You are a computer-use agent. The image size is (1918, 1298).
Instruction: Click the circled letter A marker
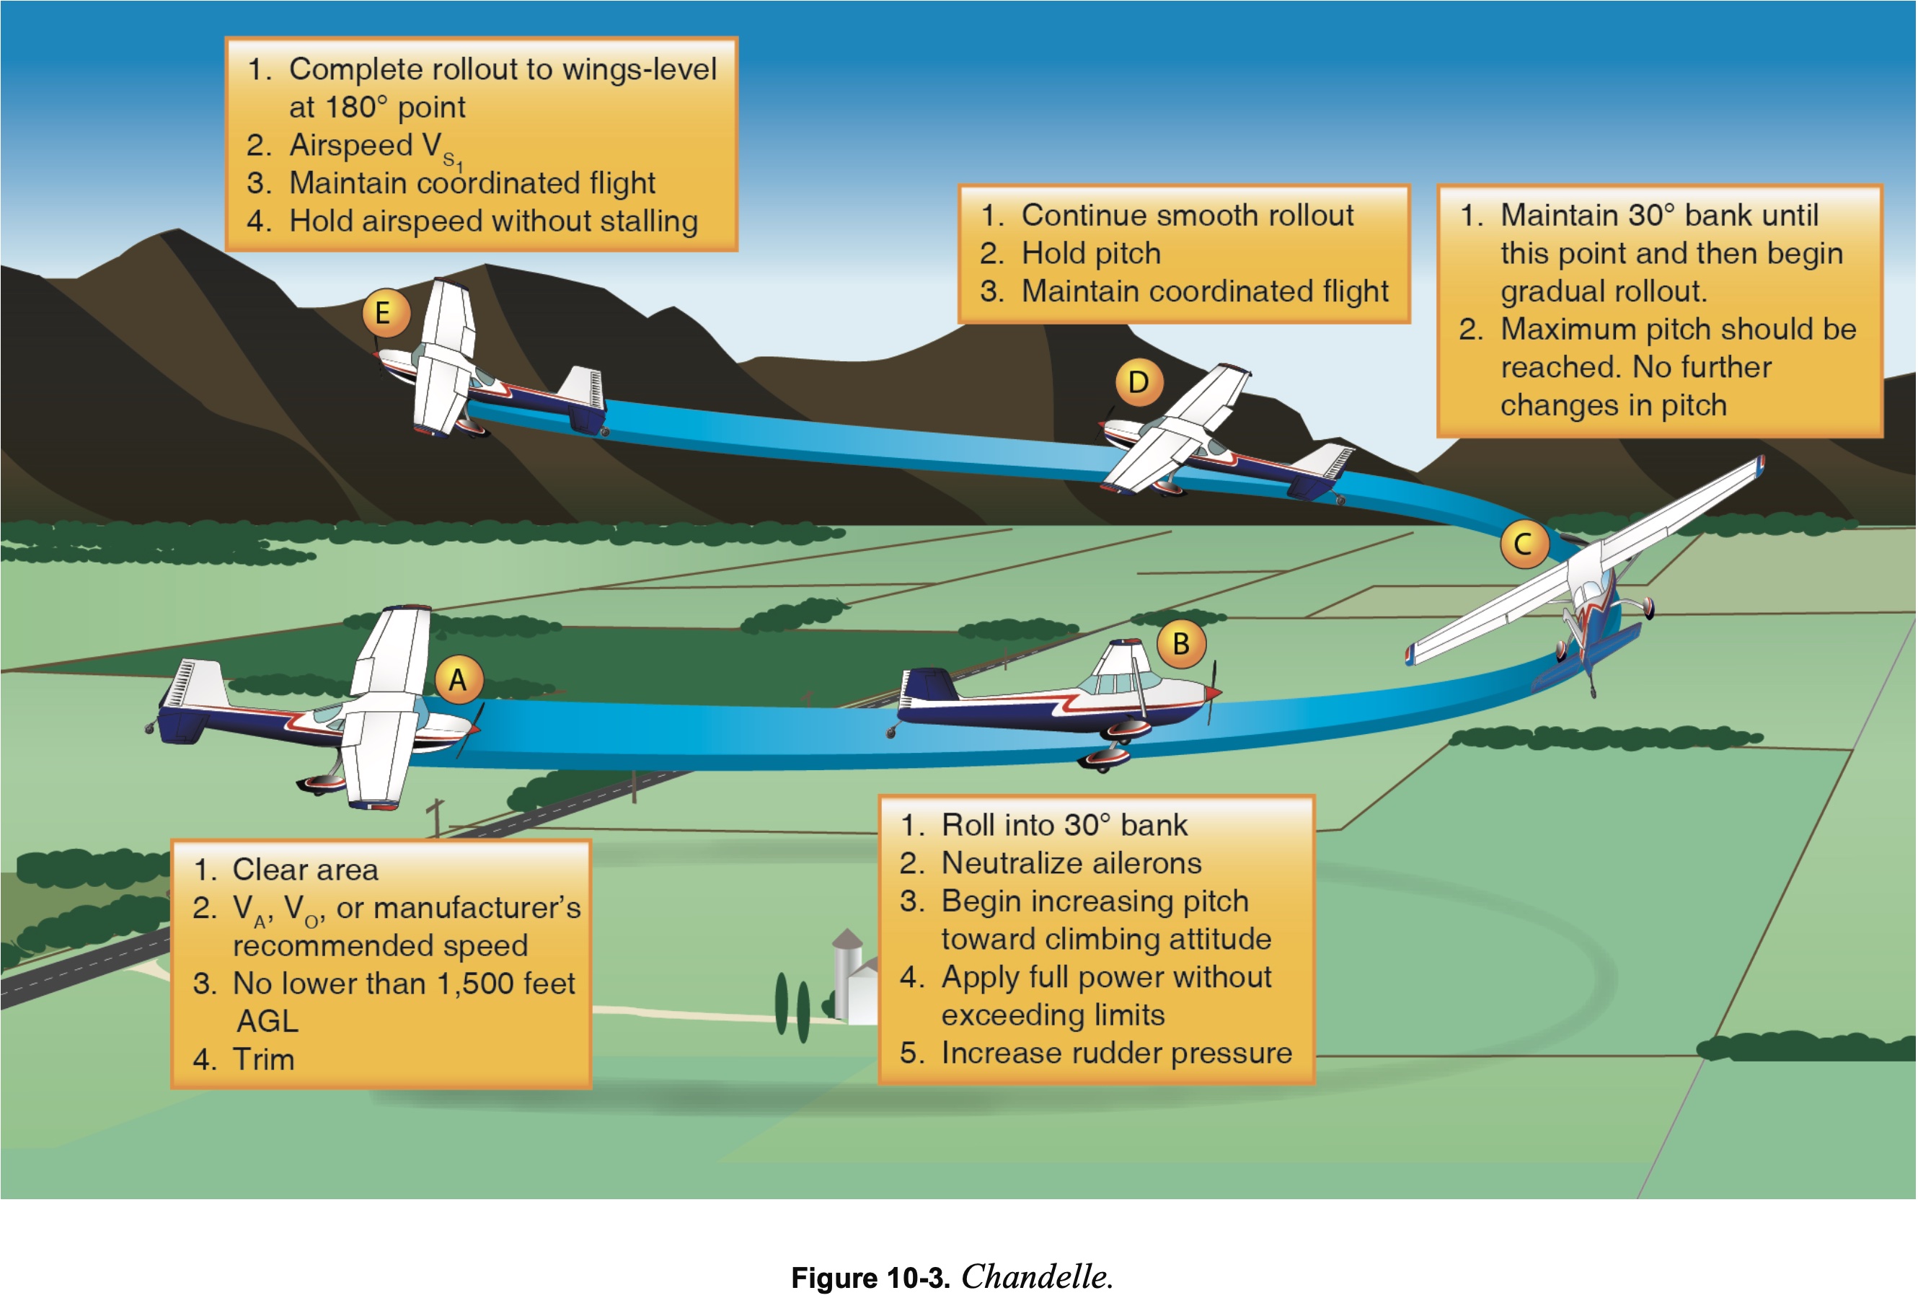(x=458, y=679)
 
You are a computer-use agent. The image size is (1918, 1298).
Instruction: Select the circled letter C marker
(x=1524, y=544)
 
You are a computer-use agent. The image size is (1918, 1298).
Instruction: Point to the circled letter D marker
(x=1139, y=382)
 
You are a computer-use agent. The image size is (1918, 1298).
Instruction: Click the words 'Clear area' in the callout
(x=304, y=869)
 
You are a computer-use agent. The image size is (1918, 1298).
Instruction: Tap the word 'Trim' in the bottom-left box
(x=263, y=1059)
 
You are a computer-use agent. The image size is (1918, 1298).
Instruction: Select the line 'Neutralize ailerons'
(x=1071, y=862)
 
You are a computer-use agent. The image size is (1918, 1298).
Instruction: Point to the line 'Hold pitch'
(x=1090, y=253)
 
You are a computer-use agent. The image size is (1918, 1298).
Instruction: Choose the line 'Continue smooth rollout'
(x=1187, y=216)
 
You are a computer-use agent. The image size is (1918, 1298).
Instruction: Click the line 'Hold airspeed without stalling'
(x=492, y=221)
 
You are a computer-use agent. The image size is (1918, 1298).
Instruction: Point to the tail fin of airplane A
(x=196, y=685)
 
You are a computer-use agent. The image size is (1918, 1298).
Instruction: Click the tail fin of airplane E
(x=583, y=388)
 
